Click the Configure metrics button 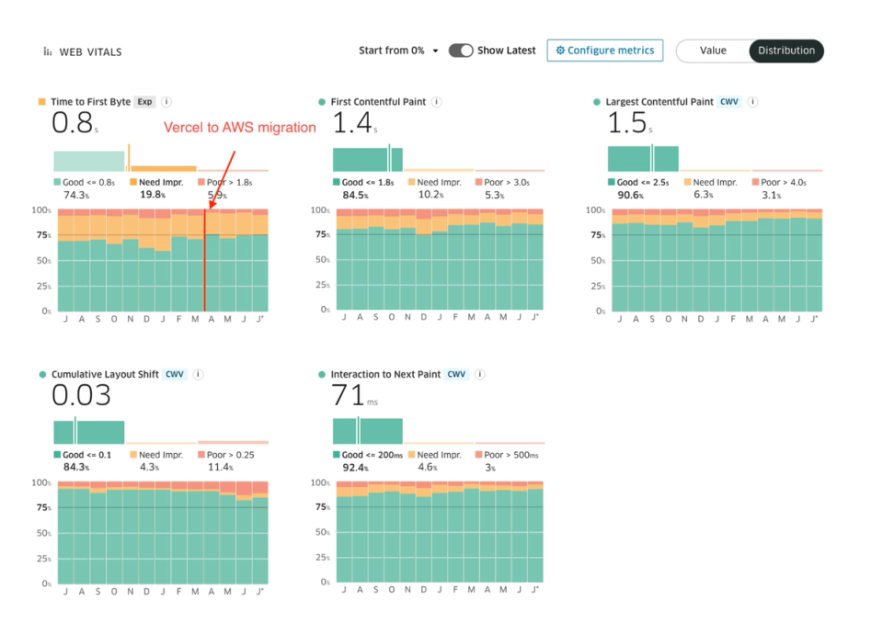(x=605, y=51)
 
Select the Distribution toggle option (x=786, y=51)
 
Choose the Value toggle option (x=713, y=51)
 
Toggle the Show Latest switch (x=461, y=51)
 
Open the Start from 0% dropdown (x=398, y=51)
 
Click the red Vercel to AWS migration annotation (x=240, y=128)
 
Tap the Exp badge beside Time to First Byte (x=145, y=102)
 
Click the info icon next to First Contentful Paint (x=437, y=102)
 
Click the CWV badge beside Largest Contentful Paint (x=729, y=102)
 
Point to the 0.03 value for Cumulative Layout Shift (x=81, y=396)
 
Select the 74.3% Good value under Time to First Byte (x=75, y=195)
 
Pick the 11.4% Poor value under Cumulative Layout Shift (x=219, y=467)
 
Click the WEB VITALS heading (x=90, y=52)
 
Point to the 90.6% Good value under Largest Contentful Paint (x=630, y=195)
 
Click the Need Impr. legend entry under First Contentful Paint (x=439, y=183)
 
